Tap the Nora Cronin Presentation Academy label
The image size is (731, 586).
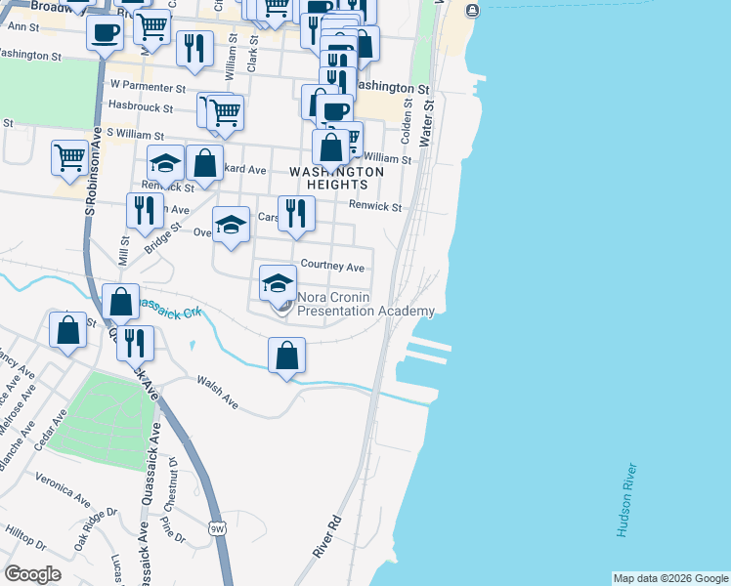[x=365, y=304]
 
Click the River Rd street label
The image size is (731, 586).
[x=326, y=536]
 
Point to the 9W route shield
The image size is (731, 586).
[x=216, y=527]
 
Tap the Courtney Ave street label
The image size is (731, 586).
[x=332, y=266]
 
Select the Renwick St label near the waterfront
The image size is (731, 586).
[x=376, y=207]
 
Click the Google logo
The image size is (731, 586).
[x=32, y=574]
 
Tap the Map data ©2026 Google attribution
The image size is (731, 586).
[x=670, y=578]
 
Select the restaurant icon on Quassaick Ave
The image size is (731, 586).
[x=135, y=343]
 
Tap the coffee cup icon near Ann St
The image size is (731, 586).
[x=105, y=32]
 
